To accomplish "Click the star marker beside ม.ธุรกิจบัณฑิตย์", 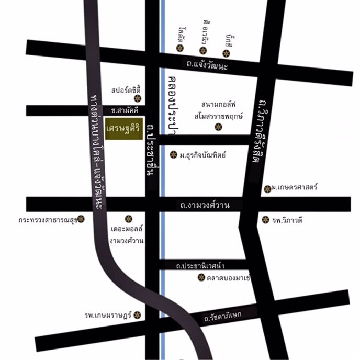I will (x=174, y=154).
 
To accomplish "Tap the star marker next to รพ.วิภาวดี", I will (x=265, y=220).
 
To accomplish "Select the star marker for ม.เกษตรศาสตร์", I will (x=267, y=188).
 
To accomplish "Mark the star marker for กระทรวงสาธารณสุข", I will (x=82, y=220).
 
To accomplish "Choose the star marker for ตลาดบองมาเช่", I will (x=201, y=277).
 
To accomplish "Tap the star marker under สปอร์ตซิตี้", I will (x=138, y=98).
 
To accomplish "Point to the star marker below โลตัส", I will (x=180, y=48).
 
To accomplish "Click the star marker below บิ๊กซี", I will (x=226, y=53).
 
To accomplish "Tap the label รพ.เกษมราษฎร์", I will (x=108, y=316).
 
